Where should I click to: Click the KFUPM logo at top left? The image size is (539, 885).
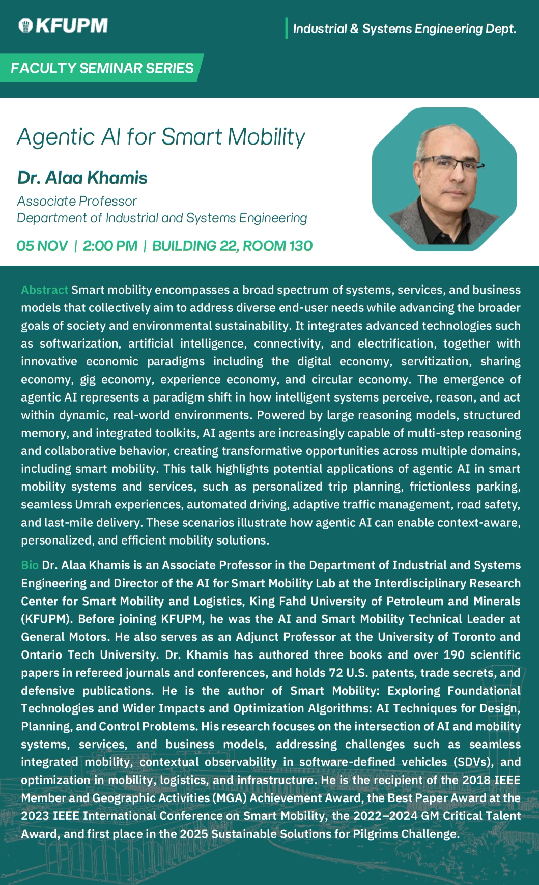click(63, 25)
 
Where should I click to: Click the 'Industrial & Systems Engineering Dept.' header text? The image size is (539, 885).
click(405, 28)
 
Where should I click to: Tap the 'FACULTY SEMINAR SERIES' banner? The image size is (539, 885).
click(102, 68)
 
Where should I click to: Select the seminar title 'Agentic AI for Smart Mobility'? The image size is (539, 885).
click(161, 137)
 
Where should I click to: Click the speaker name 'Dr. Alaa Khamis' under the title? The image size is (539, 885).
click(82, 178)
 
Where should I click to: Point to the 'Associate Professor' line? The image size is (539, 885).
click(77, 201)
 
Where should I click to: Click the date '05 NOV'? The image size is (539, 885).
click(42, 246)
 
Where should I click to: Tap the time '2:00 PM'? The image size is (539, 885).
click(110, 246)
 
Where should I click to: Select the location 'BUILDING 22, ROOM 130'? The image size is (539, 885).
click(232, 246)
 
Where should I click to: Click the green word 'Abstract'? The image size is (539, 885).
click(44, 290)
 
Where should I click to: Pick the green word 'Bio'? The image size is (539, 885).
click(30, 565)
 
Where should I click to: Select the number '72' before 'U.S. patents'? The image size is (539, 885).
click(335, 672)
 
